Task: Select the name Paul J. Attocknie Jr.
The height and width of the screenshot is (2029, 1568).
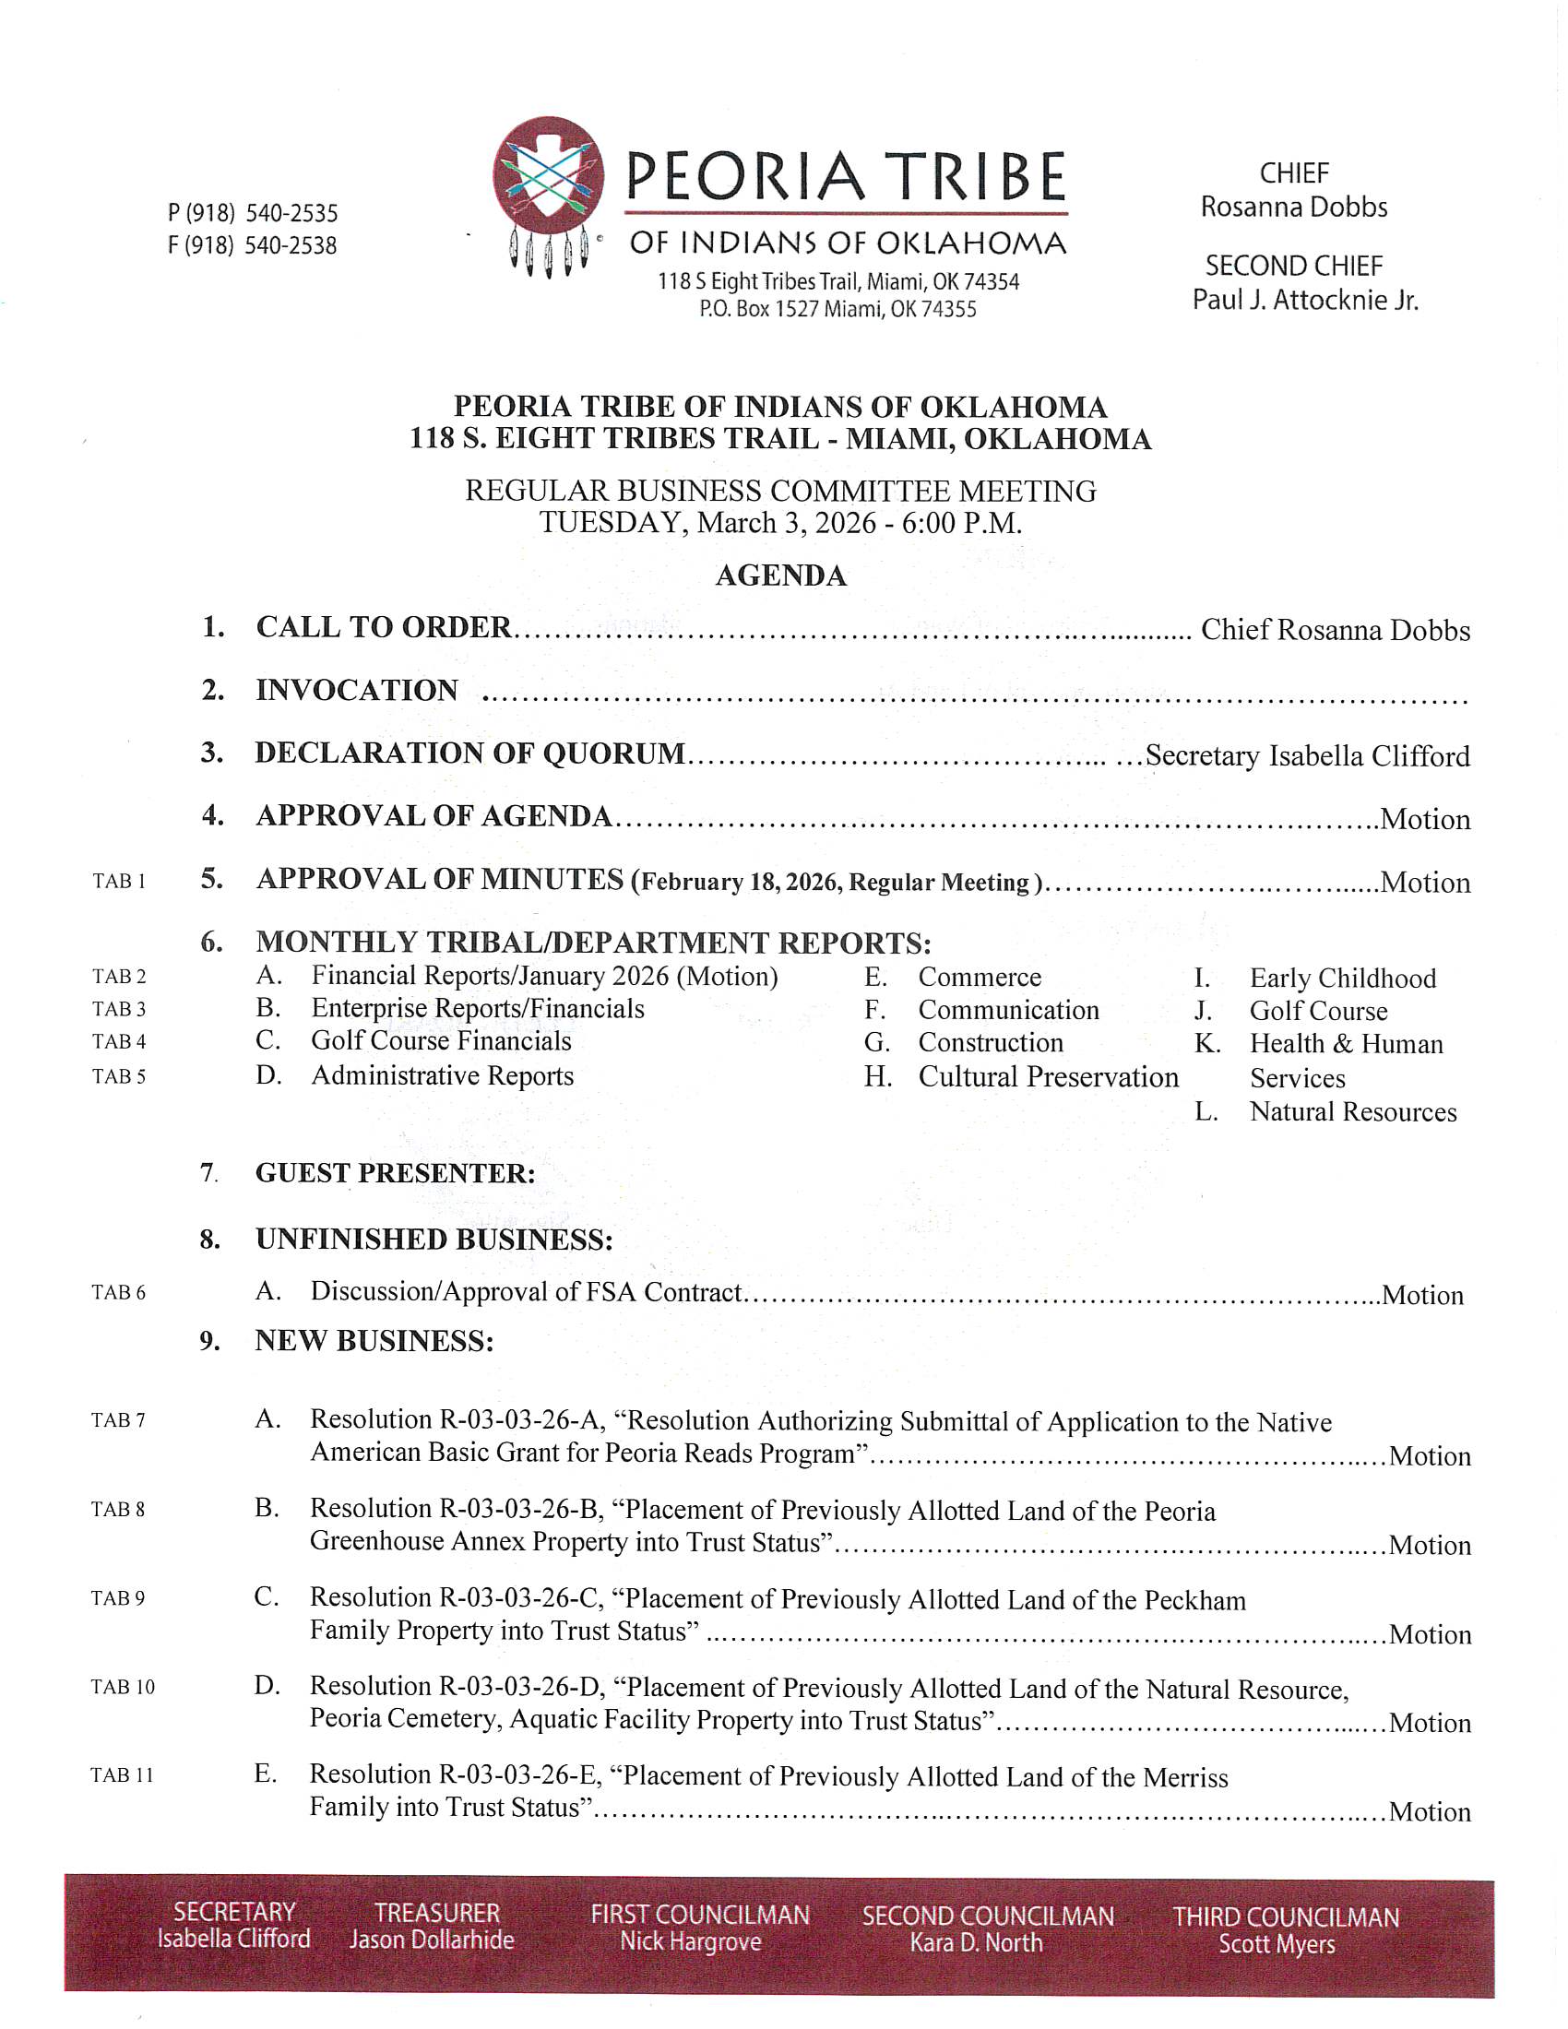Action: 1305,300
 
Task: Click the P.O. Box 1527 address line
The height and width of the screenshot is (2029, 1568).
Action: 837,309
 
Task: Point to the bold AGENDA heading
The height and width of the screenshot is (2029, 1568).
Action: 780,576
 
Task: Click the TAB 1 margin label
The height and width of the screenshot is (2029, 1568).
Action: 119,881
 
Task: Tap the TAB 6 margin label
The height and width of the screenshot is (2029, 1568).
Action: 119,1292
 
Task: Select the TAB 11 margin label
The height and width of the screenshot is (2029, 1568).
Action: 122,1775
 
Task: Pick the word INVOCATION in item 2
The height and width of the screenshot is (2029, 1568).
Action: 357,690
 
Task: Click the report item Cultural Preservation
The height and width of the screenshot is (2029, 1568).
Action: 1048,1076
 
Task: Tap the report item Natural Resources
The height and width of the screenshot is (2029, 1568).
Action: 1352,1112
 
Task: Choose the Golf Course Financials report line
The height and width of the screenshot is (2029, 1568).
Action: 441,1040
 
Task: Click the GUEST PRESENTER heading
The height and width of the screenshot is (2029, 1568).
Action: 395,1173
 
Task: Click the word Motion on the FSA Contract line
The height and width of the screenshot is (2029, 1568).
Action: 1422,1295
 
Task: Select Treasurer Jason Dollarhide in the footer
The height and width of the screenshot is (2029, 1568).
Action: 432,1927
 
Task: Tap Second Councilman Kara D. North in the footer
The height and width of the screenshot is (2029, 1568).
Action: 987,1928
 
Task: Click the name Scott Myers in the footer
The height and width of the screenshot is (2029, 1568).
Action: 1277,1944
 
